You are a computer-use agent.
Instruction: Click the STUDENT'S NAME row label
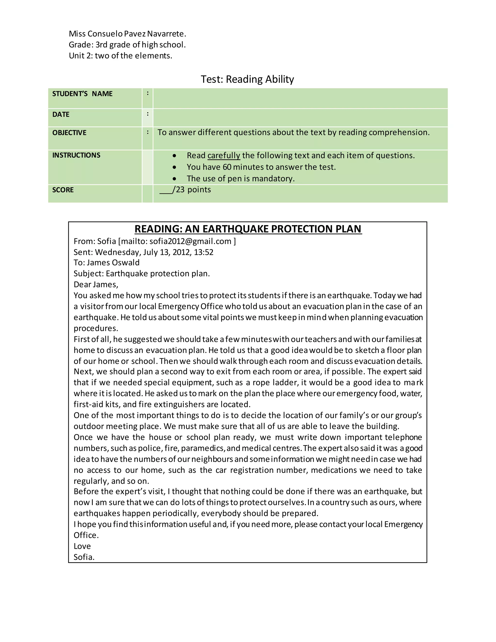point(82,94)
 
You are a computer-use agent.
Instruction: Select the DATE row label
point(61,114)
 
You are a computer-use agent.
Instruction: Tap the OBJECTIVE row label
point(69,133)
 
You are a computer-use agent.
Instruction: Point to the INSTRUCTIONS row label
point(76,155)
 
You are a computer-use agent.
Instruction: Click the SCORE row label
point(63,190)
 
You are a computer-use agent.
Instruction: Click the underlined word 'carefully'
point(224,155)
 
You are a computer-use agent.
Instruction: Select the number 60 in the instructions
point(227,167)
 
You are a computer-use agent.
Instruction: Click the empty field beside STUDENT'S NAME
point(300,98)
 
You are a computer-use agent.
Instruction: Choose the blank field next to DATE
point(300,117)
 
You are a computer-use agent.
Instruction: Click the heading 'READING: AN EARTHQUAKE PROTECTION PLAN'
point(248,229)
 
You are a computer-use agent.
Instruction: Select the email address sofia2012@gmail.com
point(190,241)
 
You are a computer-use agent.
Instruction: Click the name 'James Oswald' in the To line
point(113,263)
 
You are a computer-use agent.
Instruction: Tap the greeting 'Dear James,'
point(96,285)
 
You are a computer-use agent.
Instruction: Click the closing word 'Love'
point(82,546)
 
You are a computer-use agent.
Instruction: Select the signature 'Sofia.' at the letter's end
point(84,557)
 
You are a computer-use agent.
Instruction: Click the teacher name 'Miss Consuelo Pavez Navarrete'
point(127,34)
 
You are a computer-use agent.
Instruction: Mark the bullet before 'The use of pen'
point(175,179)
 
